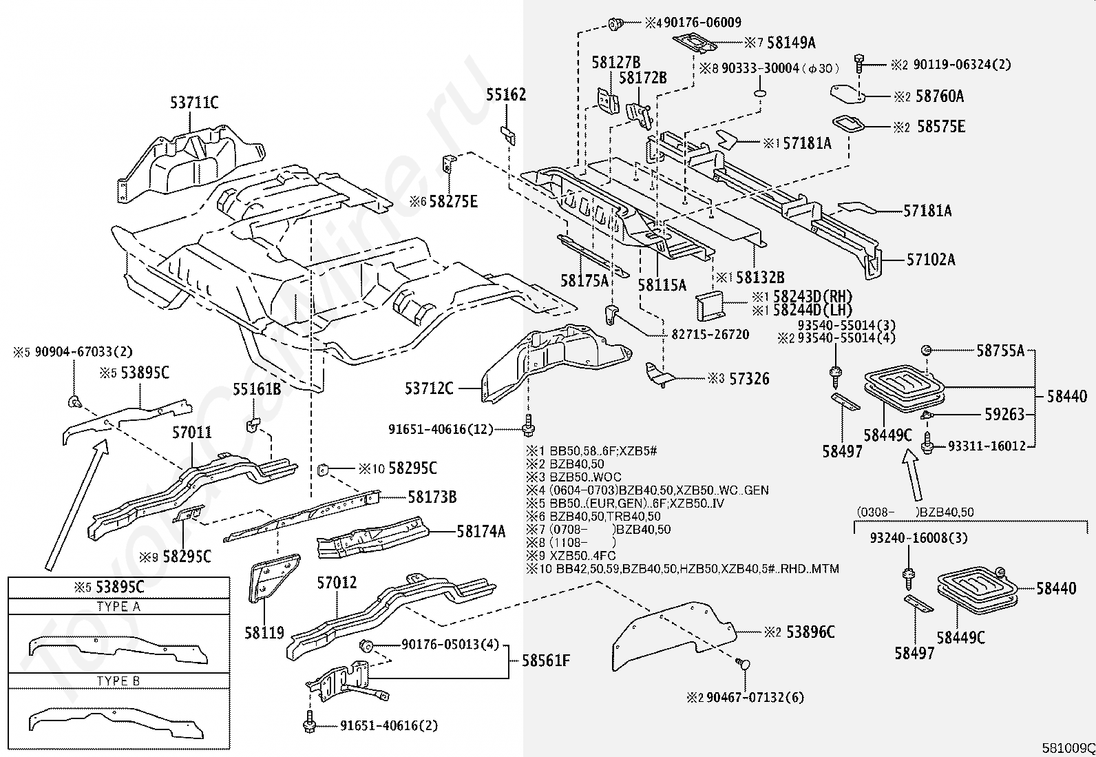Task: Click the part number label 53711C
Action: (194, 103)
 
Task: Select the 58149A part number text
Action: (791, 43)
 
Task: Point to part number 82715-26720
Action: (710, 335)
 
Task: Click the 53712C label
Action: (429, 389)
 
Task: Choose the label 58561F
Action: (546, 661)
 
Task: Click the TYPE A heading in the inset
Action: (118, 607)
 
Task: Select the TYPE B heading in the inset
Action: (118, 681)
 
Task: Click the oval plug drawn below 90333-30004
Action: (760, 94)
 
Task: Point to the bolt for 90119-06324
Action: (859, 63)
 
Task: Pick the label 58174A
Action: (481, 531)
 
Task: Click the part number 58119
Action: (264, 632)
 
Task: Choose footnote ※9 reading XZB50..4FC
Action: (571, 555)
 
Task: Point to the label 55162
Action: (506, 95)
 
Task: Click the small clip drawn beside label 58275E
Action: (447, 165)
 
